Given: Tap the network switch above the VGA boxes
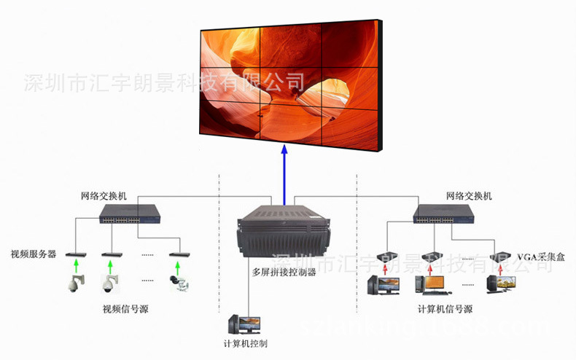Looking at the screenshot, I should click(443, 214).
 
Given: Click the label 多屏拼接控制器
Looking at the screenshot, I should click(284, 273).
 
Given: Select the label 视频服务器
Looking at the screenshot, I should click(33, 254).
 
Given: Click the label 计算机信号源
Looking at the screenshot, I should click(445, 309).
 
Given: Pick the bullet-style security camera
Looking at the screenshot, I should click(178, 281).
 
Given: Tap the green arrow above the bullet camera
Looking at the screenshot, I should click(176, 267).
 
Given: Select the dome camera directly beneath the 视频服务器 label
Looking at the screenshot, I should click(75, 283).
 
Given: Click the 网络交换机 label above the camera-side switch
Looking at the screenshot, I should click(104, 196).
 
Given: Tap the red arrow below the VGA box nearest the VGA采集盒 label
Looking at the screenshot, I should click(501, 267).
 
